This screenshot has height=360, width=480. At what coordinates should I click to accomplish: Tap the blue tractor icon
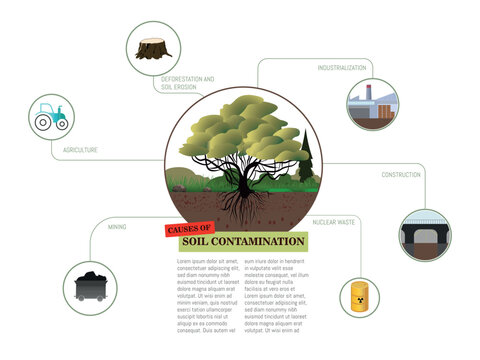pyautogui.click(x=49, y=116)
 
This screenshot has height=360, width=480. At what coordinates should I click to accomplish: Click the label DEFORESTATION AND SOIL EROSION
pyautogui.click(x=188, y=82)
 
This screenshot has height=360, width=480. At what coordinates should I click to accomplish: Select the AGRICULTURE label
pyautogui.click(x=80, y=150)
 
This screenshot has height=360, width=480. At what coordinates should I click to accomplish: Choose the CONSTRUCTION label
pyautogui.click(x=400, y=175)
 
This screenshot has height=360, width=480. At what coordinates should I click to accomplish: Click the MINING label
pyautogui.click(x=117, y=228)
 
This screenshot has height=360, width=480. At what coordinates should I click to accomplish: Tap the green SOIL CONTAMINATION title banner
pyautogui.click(x=243, y=242)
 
